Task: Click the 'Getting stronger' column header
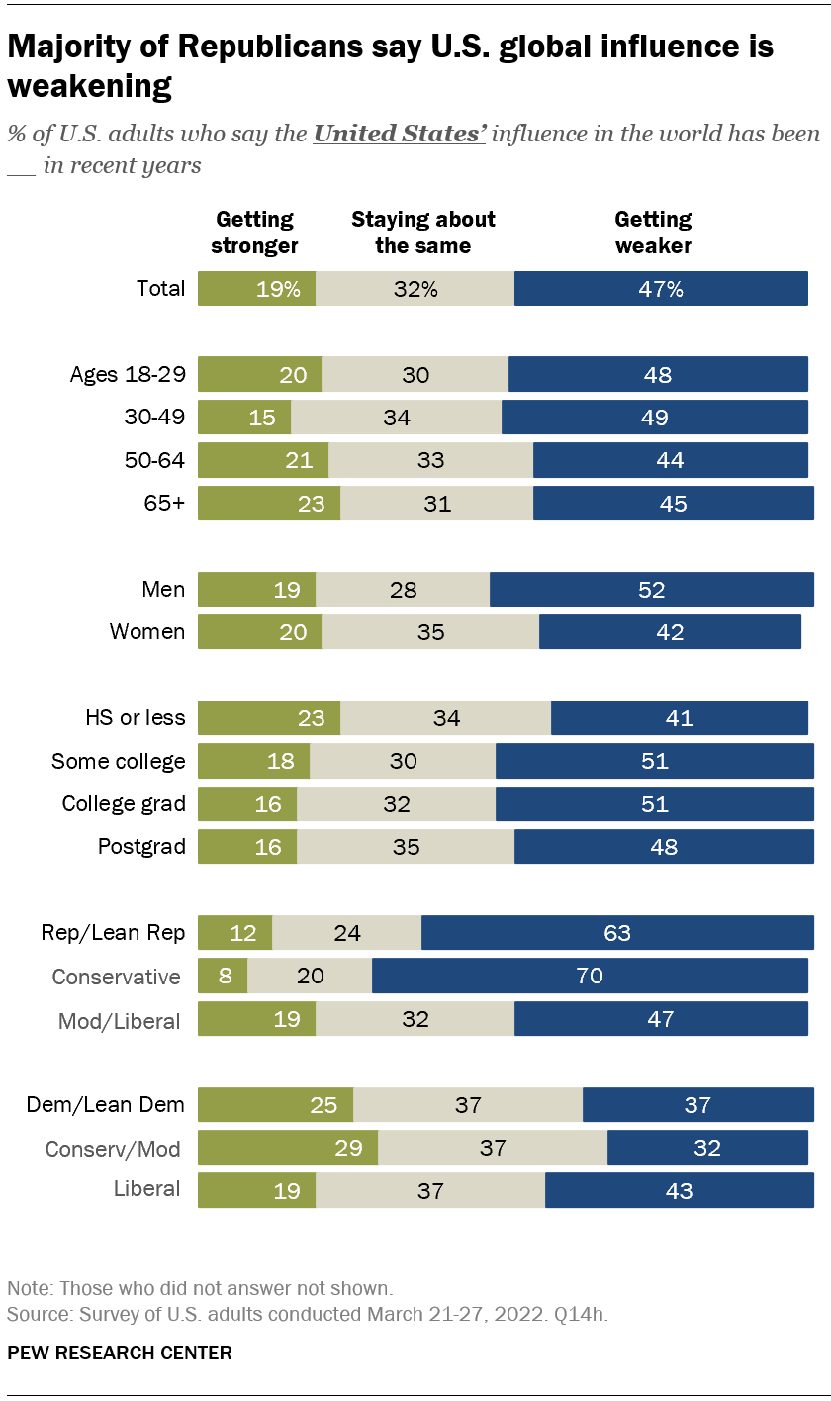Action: (254, 232)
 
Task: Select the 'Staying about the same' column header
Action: (422, 232)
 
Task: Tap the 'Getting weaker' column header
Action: (653, 232)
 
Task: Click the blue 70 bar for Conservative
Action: (590, 976)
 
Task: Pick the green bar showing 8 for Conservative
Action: (223, 976)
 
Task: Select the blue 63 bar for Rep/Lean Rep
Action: (617, 932)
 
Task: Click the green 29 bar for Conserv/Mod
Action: (288, 1148)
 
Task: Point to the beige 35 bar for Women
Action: (430, 631)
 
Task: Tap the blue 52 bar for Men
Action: (652, 589)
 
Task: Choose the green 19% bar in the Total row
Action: (256, 288)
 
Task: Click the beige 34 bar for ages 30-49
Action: (396, 418)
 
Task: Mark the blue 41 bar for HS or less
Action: (682, 717)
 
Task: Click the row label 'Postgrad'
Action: (140, 847)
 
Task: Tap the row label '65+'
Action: (164, 503)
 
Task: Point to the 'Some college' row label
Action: (119, 761)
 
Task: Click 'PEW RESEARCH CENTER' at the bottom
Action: (120, 1353)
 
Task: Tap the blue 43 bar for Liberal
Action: (679, 1191)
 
